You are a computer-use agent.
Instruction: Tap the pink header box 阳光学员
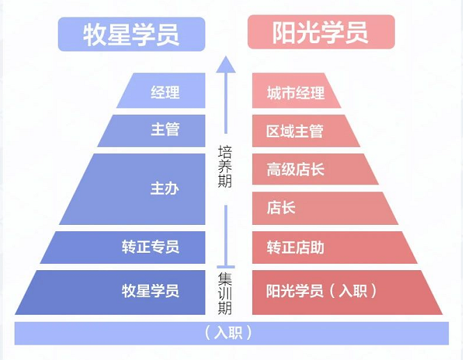pos(321,33)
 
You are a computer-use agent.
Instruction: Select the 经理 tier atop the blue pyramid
pos(165,92)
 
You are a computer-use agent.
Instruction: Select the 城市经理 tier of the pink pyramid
pos(296,92)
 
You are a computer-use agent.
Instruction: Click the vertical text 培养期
pos(225,167)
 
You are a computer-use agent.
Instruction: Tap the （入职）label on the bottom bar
pos(230,333)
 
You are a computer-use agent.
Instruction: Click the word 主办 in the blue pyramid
pos(165,189)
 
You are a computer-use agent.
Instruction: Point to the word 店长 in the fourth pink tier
pos(281,208)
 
